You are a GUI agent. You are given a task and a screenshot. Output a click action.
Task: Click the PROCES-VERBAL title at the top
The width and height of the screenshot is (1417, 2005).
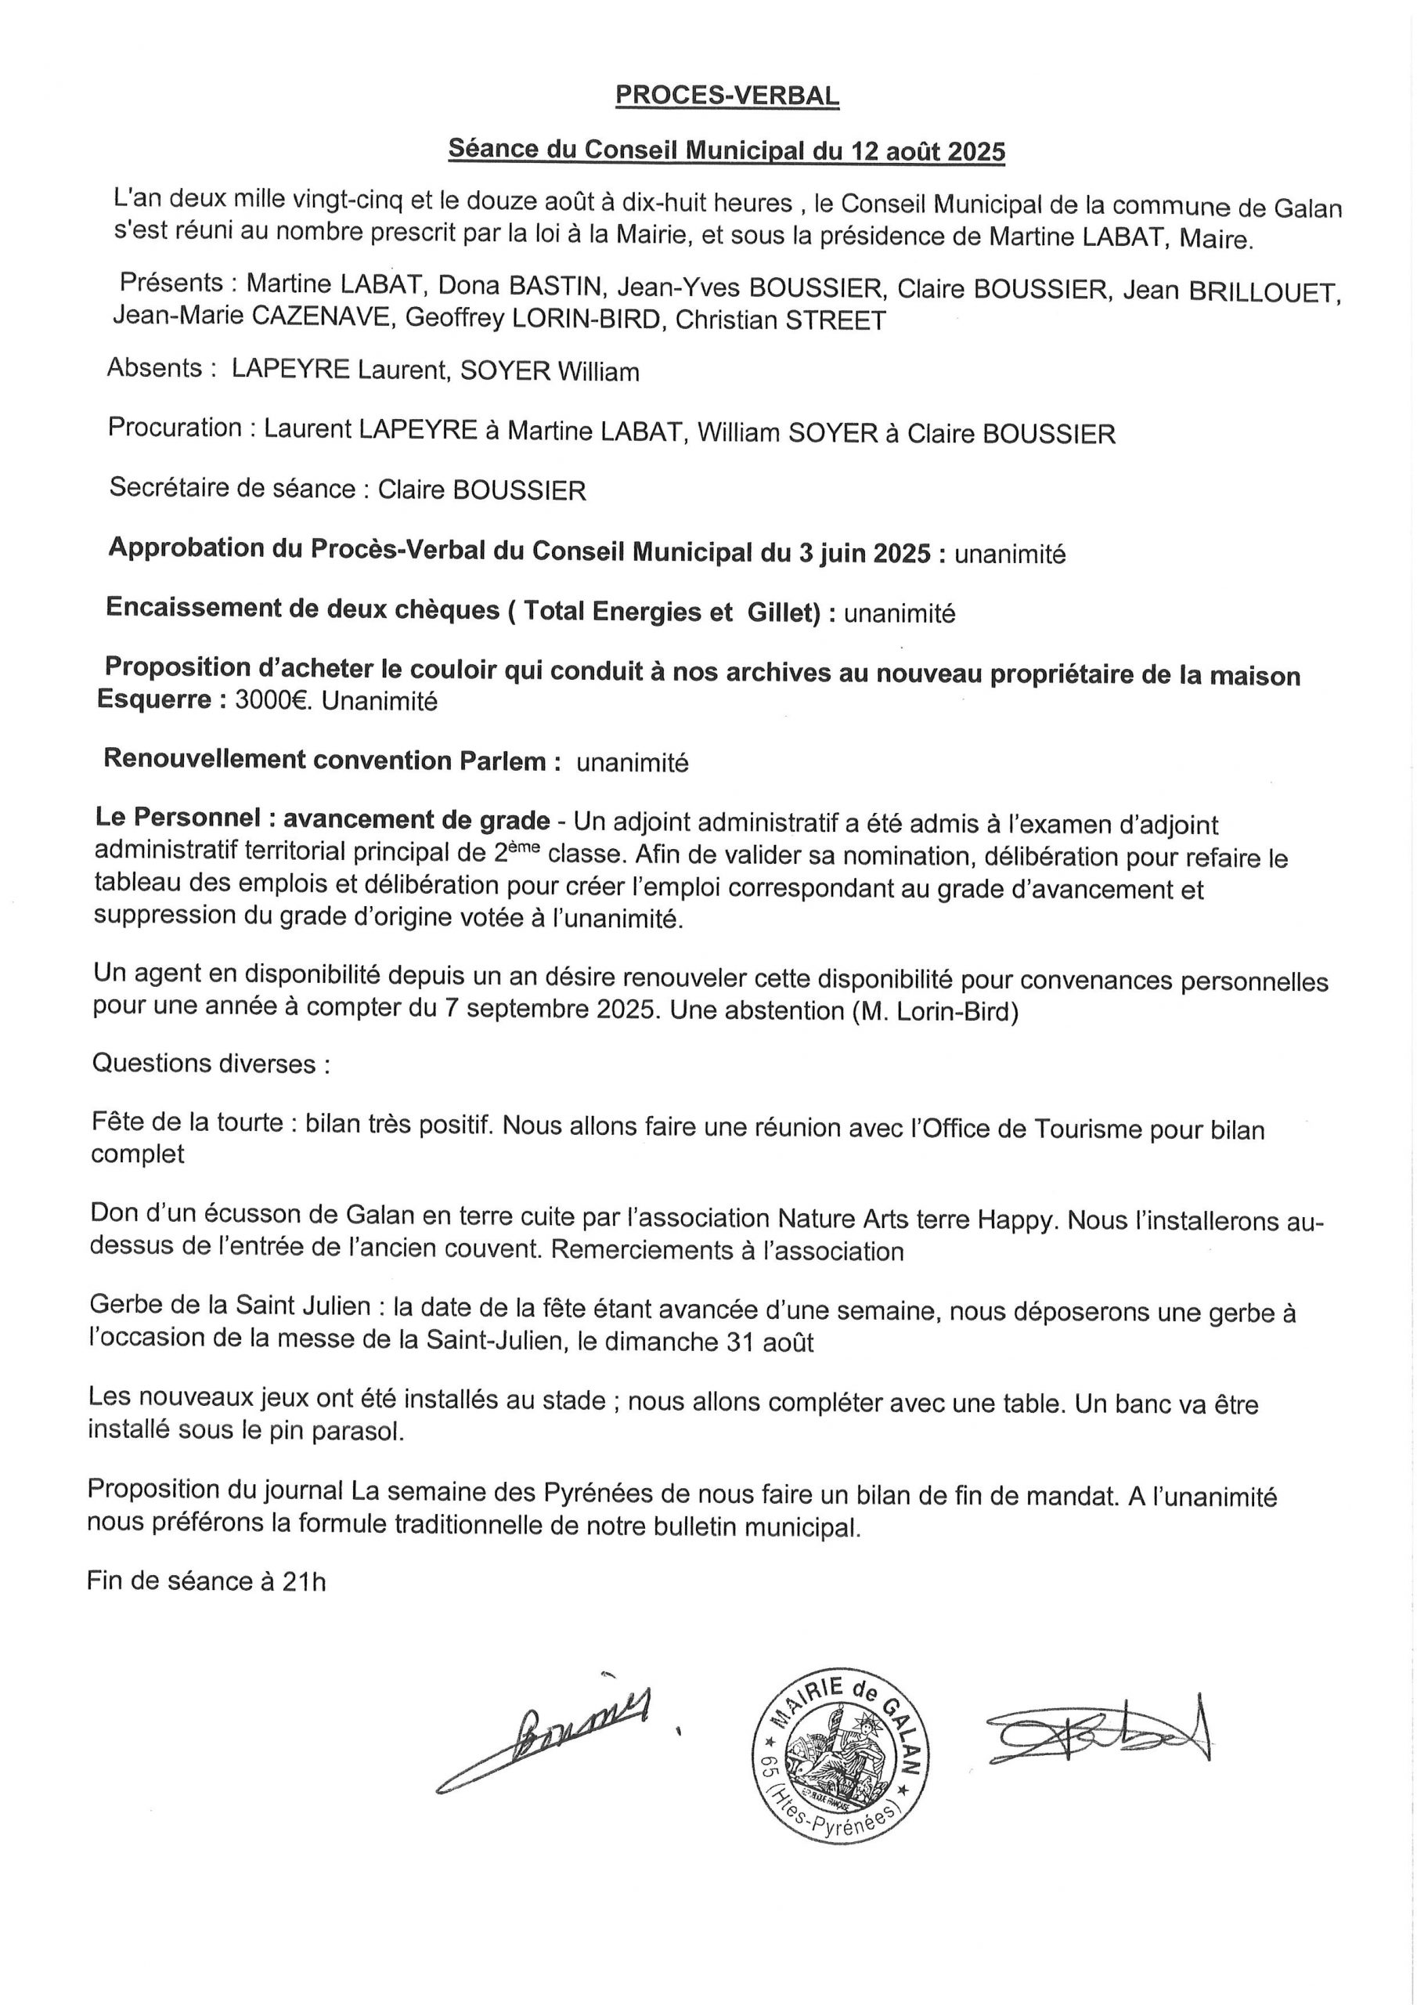click(x=727, y=96)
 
